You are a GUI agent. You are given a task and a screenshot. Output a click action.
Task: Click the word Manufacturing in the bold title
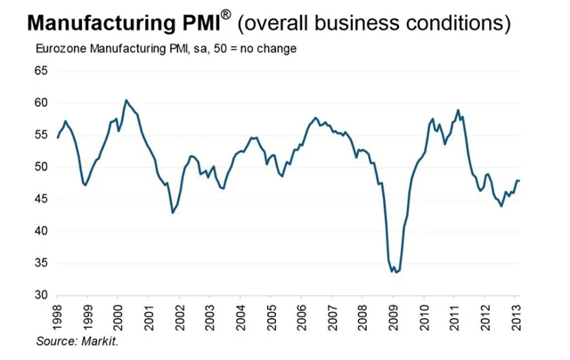click(83, 20)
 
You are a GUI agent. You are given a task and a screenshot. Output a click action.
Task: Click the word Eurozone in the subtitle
click(61, 47)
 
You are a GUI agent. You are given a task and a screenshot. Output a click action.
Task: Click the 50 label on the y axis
click(42, 167)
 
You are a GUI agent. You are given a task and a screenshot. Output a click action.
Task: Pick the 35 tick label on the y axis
click(42, 263)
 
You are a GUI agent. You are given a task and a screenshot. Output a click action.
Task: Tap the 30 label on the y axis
click(42, 295)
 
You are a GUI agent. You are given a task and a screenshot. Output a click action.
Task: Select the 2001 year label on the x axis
click(150, 316)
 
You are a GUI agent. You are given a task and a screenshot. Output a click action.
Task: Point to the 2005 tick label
click(273, 316)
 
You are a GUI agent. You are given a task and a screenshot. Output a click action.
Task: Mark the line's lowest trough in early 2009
click(395, 272)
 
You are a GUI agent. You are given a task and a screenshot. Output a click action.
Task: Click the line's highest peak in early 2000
click(126, 100)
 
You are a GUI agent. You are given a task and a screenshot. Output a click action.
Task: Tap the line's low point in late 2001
click(173, 212)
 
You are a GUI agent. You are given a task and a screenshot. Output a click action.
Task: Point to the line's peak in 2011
click(458, 110)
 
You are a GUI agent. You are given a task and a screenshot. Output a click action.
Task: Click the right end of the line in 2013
click(520, 181)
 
